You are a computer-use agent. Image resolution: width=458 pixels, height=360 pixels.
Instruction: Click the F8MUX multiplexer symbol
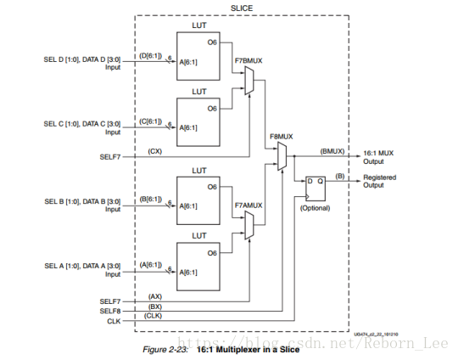[x=282, y=156]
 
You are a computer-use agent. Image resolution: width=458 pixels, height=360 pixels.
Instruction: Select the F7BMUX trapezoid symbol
[x=249, y=81]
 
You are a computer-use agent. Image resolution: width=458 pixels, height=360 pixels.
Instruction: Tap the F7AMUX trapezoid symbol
[x=249, y=225]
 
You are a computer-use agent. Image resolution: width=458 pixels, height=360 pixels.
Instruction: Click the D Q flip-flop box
[x=316, y=188]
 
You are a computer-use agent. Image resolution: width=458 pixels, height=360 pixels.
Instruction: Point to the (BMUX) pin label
[x=332, y=151]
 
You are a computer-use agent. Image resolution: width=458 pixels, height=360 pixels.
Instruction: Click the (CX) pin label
[x=155, y=151]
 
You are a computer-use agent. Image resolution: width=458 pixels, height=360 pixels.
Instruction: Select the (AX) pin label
[x=155, y=296]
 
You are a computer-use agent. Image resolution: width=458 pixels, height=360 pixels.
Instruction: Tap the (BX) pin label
[x=155, y=307]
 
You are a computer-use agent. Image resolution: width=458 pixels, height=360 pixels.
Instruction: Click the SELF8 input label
[x=110, y=311]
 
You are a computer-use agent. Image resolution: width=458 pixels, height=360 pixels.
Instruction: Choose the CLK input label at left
[x=114, y=321]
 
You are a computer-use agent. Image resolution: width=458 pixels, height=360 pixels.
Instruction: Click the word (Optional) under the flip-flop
[x=316, y=208]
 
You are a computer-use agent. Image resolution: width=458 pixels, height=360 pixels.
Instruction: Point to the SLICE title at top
[x=242, y=8]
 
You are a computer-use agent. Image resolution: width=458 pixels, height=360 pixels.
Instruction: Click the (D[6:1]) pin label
[x=150, y=55]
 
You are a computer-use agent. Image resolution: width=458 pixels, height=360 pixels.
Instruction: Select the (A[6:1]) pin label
[x=151, y=265]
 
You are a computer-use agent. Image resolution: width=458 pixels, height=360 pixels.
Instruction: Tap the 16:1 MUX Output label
[x=378, y=157]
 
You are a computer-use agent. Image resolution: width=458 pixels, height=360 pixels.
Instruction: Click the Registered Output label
[x=380, y=181]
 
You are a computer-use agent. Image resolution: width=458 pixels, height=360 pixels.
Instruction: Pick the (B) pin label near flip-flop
[x=340, y=176]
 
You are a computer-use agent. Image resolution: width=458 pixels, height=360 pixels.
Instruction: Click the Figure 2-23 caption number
[x=165, y=350]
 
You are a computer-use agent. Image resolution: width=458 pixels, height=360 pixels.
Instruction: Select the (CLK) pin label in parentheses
[x=153, y=316]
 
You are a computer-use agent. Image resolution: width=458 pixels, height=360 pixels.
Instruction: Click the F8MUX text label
[x=282, y=137]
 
